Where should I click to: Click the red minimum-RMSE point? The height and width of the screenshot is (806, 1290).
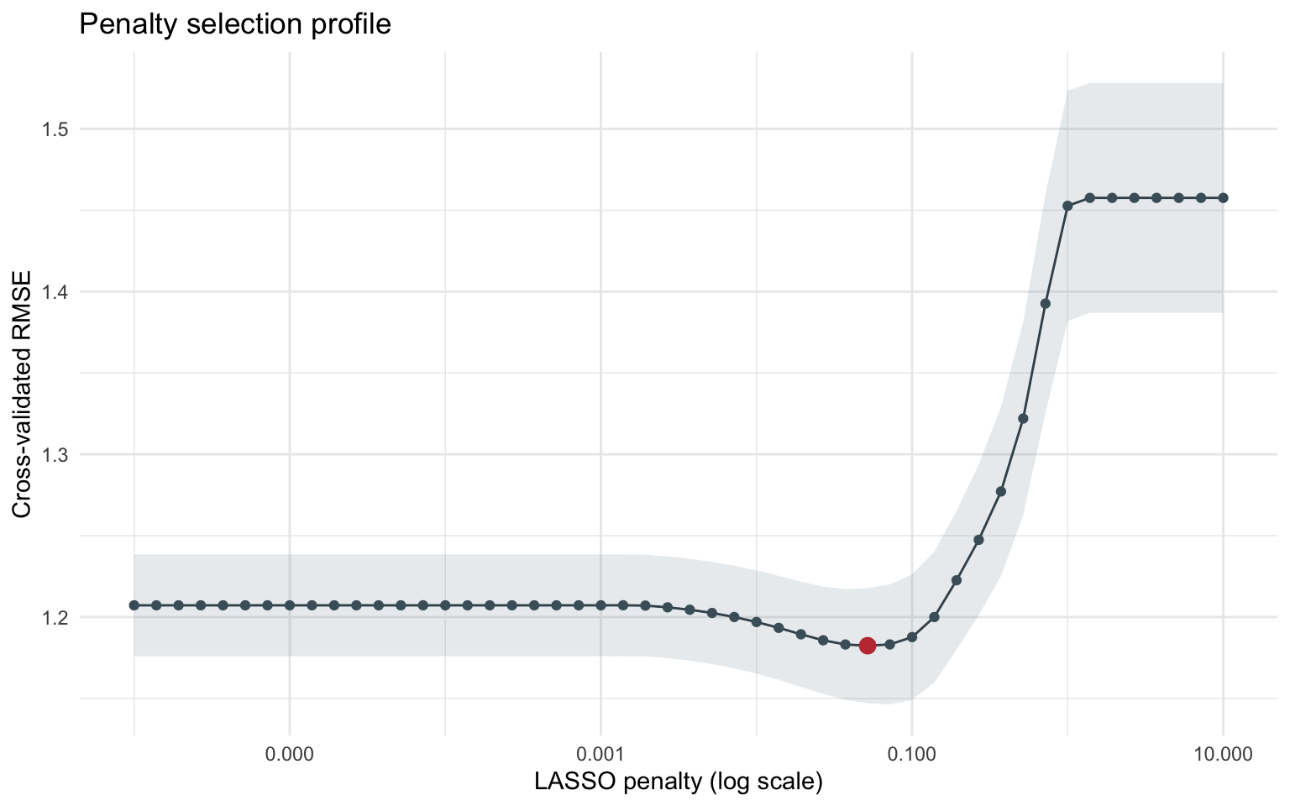(x=868, y=645)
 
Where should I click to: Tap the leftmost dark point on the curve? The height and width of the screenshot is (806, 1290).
(x=134, y=604)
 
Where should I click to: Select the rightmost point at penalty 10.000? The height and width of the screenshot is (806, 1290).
(x=1223, y=197)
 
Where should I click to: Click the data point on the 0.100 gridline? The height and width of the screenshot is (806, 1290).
(x=912, y=637)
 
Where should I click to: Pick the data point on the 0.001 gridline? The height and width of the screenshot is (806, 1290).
(x=600, y=604)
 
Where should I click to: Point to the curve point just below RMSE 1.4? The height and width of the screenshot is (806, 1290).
(x=1046, y=303)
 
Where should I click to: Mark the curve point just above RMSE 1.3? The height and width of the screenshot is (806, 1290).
(x=1023, y=418)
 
